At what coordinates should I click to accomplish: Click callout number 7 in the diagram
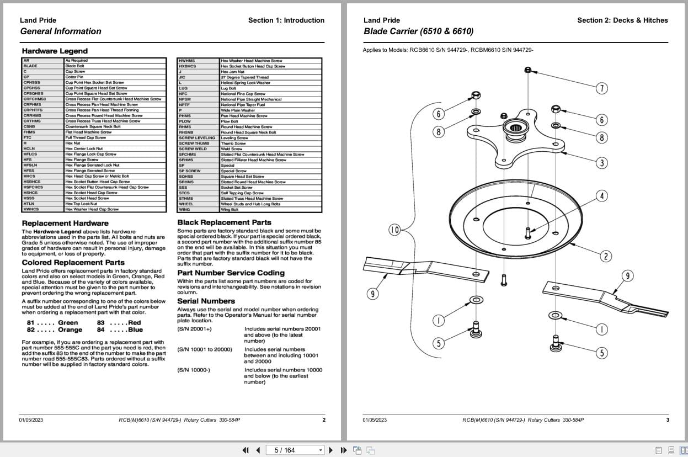(x=602, y=88)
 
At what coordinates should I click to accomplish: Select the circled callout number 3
(x=602, y=163)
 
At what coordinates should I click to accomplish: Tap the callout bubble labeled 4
(x=602, y=196)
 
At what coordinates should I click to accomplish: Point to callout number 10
(x=394, y=230)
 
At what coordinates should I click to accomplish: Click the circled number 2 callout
(x=606, y=256)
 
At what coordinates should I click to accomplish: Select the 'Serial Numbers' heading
(x=206, y=301)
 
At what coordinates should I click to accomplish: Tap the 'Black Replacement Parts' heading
(x=224, y=222)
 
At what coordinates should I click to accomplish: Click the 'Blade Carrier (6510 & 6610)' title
(x=418, y=31)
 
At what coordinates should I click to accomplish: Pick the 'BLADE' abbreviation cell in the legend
(x=31, y=66)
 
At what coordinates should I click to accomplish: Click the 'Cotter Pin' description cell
(x=74, y=77)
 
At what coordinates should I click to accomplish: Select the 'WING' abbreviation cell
(x=184, y=210)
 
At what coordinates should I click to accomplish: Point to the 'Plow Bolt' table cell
(x=229, y=121)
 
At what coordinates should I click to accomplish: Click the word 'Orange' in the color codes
(x=70, y=330)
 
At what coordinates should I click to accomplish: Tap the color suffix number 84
(x=101, y=330)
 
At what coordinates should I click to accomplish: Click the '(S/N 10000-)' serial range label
(x=194, y=370)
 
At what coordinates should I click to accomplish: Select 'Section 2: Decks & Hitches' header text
(x=622, y=20)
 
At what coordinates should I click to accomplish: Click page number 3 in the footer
(x=668, y=420)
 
